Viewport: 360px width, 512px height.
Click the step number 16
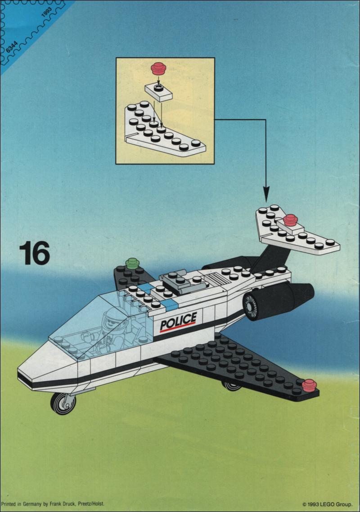point(35,253)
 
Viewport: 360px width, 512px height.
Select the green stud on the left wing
point(132,263)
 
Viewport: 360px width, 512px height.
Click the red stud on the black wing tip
point(309,385)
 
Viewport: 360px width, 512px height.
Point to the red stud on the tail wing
point(290,220)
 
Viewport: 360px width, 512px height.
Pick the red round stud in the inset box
point(158,68)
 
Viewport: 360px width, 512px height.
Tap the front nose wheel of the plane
point(63,404)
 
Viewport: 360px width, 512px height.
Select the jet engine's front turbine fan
point(251,306)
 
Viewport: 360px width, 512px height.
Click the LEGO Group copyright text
point(327,504)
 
